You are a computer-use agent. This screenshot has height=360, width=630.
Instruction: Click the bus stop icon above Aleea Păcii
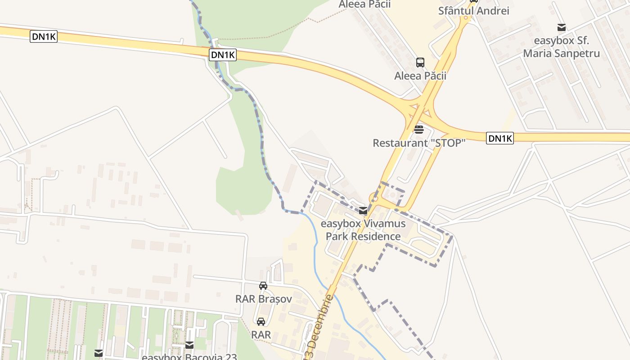(x=420, y=63)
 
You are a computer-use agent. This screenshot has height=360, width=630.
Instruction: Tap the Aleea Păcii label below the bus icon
(x=420, y=76)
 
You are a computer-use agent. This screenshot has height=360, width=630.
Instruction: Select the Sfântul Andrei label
(x=473, y=11)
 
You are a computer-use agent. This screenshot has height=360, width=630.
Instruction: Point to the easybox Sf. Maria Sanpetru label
(x=561, y=47)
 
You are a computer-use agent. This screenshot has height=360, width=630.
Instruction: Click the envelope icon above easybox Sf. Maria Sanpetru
(x=561, y=27)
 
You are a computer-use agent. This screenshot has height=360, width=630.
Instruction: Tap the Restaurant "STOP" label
(x=418, y=143)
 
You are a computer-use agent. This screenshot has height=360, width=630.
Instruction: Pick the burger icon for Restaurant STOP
(x=419, y=130)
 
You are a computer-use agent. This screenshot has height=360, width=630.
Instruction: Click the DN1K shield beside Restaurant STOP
(x=499, y=138)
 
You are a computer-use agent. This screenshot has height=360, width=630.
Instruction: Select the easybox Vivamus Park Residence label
(x=363, y=230)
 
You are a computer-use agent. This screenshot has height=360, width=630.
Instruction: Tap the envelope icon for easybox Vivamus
(x=363, y=211)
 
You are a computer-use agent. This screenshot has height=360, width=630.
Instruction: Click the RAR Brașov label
(x=264, y=299)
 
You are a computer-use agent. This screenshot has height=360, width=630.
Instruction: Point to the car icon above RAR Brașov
(x=263, y=286)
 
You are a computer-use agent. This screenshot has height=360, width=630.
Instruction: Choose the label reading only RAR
(x=261, y=335)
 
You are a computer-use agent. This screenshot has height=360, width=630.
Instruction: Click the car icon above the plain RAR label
(x=261, y=322)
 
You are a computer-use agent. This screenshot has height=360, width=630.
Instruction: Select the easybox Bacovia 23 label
(x=189, y=357)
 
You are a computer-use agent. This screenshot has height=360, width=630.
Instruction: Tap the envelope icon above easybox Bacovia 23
(x=189, y=345)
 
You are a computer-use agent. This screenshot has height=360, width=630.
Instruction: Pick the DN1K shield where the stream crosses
(x=223, y=55)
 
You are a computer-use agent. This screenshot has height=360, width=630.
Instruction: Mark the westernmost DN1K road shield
(x=44, y=36)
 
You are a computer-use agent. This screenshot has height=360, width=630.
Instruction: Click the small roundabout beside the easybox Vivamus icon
(x=374, y=198)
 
